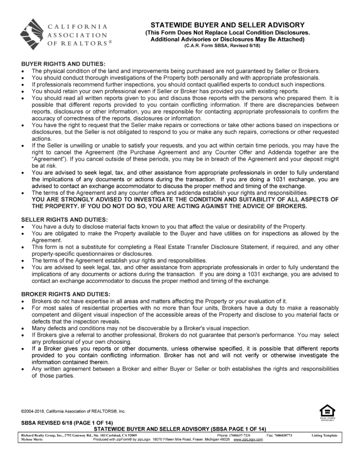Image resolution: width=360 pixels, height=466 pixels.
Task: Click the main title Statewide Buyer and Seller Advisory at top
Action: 227,25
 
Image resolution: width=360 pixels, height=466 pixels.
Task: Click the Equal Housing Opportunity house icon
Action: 327,409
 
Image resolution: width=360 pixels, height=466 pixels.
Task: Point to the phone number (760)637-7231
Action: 243,436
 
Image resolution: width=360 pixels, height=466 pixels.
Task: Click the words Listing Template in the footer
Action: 324,436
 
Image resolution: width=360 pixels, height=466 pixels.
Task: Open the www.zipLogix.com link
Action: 248,440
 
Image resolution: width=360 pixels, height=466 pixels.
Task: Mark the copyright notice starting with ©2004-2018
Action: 73,411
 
